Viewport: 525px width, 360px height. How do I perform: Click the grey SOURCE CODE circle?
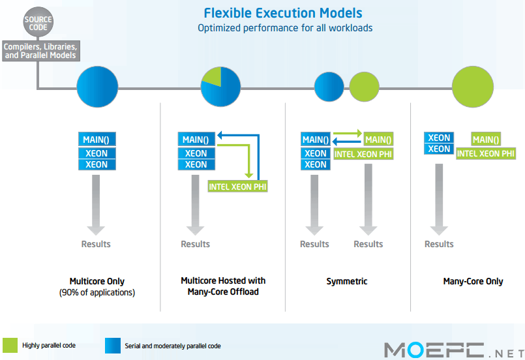pyautogui.click(x=38, y=22)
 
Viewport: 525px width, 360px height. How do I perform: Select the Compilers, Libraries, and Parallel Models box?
pyautogui.click(x=41, y=51)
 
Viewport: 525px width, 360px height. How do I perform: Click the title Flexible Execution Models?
pyautogui.click(x=283, y=13)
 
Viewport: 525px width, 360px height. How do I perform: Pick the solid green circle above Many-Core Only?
pyautogui.click(x=473, y=87)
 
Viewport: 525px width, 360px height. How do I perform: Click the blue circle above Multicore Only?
pyautogui.click(x=97, y=87)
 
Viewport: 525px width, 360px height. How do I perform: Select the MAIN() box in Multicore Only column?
pyautogui.click(x=97, y=140)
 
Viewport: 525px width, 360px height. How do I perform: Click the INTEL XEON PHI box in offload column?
pyautogui.click(x=238, y=187)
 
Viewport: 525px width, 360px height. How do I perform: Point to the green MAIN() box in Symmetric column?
pyautogui.click(x=378, y=140)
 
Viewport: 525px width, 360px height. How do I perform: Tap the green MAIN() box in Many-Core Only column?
pyautogui.click(x=486, y=140)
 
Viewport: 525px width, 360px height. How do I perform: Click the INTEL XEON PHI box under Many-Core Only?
pyautogui.click(x=486, y=153)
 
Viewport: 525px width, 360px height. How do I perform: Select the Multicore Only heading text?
pyautogui.click(x=97, y=281)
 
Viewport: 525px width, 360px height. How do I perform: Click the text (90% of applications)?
pyautogui.click(x=97, y=292)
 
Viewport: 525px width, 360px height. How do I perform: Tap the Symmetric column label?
pyautogui.click(x=347, y=281)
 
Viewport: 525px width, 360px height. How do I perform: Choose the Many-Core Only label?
pyautogui.click(x=473, y=281)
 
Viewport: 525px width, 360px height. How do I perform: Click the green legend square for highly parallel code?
pyautogui.click(x=10, y=345)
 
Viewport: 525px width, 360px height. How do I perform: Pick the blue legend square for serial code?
pyautogui.click(x=113, y=346)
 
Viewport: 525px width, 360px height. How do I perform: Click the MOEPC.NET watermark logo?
pyautogui.click(x=455, y=350)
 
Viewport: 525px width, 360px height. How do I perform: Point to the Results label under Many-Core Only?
pyautogui.click(x=439, y=244)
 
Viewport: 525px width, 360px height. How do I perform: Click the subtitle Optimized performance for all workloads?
pyautogui.click(x=285, y=28)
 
